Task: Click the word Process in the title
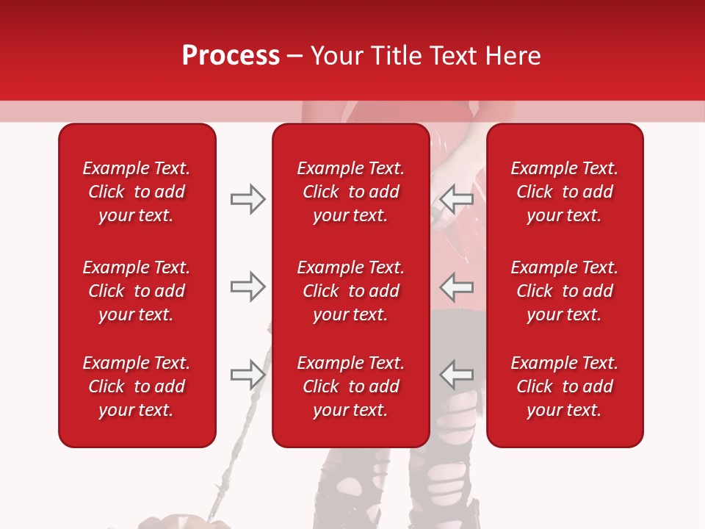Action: [231, 56]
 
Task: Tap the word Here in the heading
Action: [512, 56]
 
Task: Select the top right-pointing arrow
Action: [248, 199]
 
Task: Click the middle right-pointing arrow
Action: [248, 287]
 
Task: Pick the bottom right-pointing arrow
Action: [248, 375]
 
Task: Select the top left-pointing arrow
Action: [457, 199]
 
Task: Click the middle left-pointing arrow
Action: [457, 287]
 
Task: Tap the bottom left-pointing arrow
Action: [457, 375]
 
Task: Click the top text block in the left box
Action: [137, 192]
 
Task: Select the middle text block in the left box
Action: [137, 291]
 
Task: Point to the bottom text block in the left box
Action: [137, 386]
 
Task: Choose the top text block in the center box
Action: [351, 192]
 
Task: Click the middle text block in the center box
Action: [351, 291]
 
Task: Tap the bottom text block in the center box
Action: [351, 386]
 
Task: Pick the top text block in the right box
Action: [565, 192]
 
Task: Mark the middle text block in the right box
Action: [565, 291]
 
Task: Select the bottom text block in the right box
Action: [565, 386]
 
